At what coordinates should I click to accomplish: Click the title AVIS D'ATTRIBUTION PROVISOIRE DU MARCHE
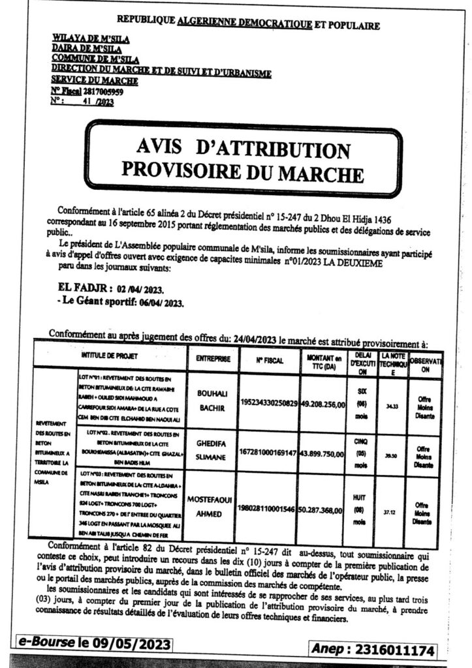(x=242, y=159)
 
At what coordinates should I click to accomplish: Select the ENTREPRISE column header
(x=211, y=359)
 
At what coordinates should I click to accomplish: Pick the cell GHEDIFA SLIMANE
(x=211, y=449)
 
